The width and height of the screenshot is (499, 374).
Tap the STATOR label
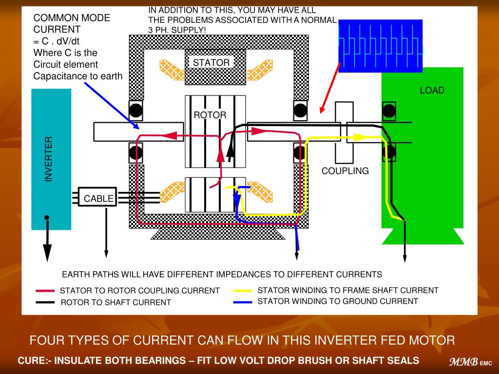pos(211,63)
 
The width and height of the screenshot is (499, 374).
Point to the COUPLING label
pos(345,171)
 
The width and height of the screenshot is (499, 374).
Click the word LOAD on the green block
pos(432,90)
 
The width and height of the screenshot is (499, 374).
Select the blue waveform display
pos(380,46)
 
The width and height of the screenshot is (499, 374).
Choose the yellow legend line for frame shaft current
pos(243,291)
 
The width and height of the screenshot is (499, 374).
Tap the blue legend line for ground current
pos(243,302)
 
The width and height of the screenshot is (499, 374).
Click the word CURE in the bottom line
pos(33,361)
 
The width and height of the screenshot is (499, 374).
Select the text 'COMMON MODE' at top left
pos(72,18)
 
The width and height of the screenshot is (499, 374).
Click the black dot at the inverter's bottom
pos(46,217)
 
